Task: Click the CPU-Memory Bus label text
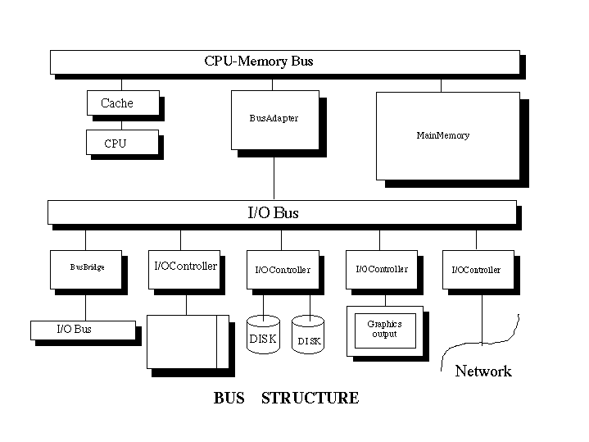coord(258,62)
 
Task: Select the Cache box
coord(122,103)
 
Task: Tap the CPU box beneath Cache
coord(122,143)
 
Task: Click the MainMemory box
coord(447,135)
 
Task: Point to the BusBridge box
coord(86,269)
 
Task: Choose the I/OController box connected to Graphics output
coord(381,269)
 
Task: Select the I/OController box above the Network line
coord(478,270)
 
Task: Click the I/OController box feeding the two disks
coord(283,270)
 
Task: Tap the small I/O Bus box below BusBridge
coord(82,330)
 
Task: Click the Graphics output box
coord(386,330)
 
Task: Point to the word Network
coord(483,371)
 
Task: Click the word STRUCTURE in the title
coord(310,399)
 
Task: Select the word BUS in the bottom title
coord(229,399)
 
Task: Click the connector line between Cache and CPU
coord(122,123)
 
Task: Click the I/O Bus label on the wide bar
coord(273,213)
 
